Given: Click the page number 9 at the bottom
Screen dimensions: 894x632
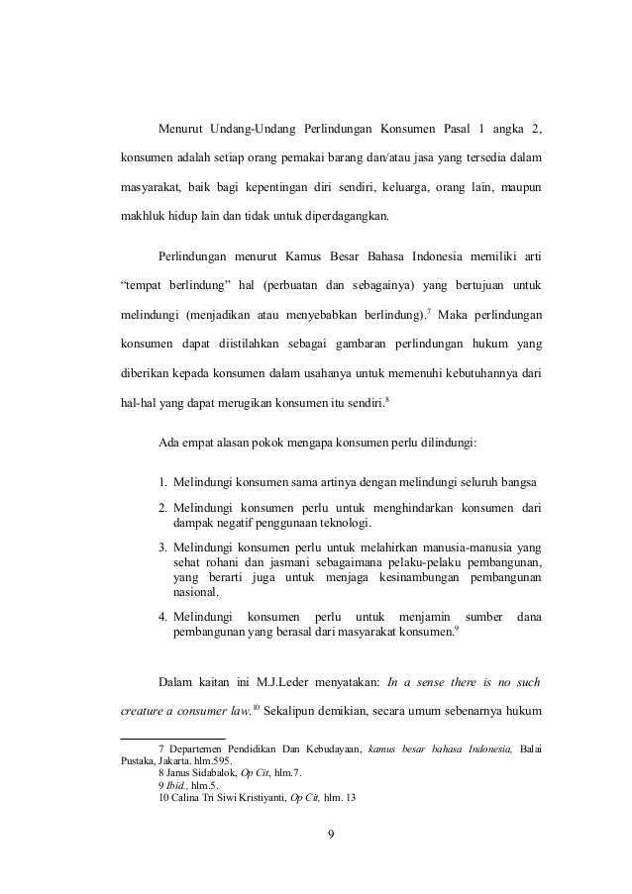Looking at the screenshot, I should [x=331, y=831].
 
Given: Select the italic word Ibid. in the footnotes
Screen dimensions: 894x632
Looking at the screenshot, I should [x=179, y=789].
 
